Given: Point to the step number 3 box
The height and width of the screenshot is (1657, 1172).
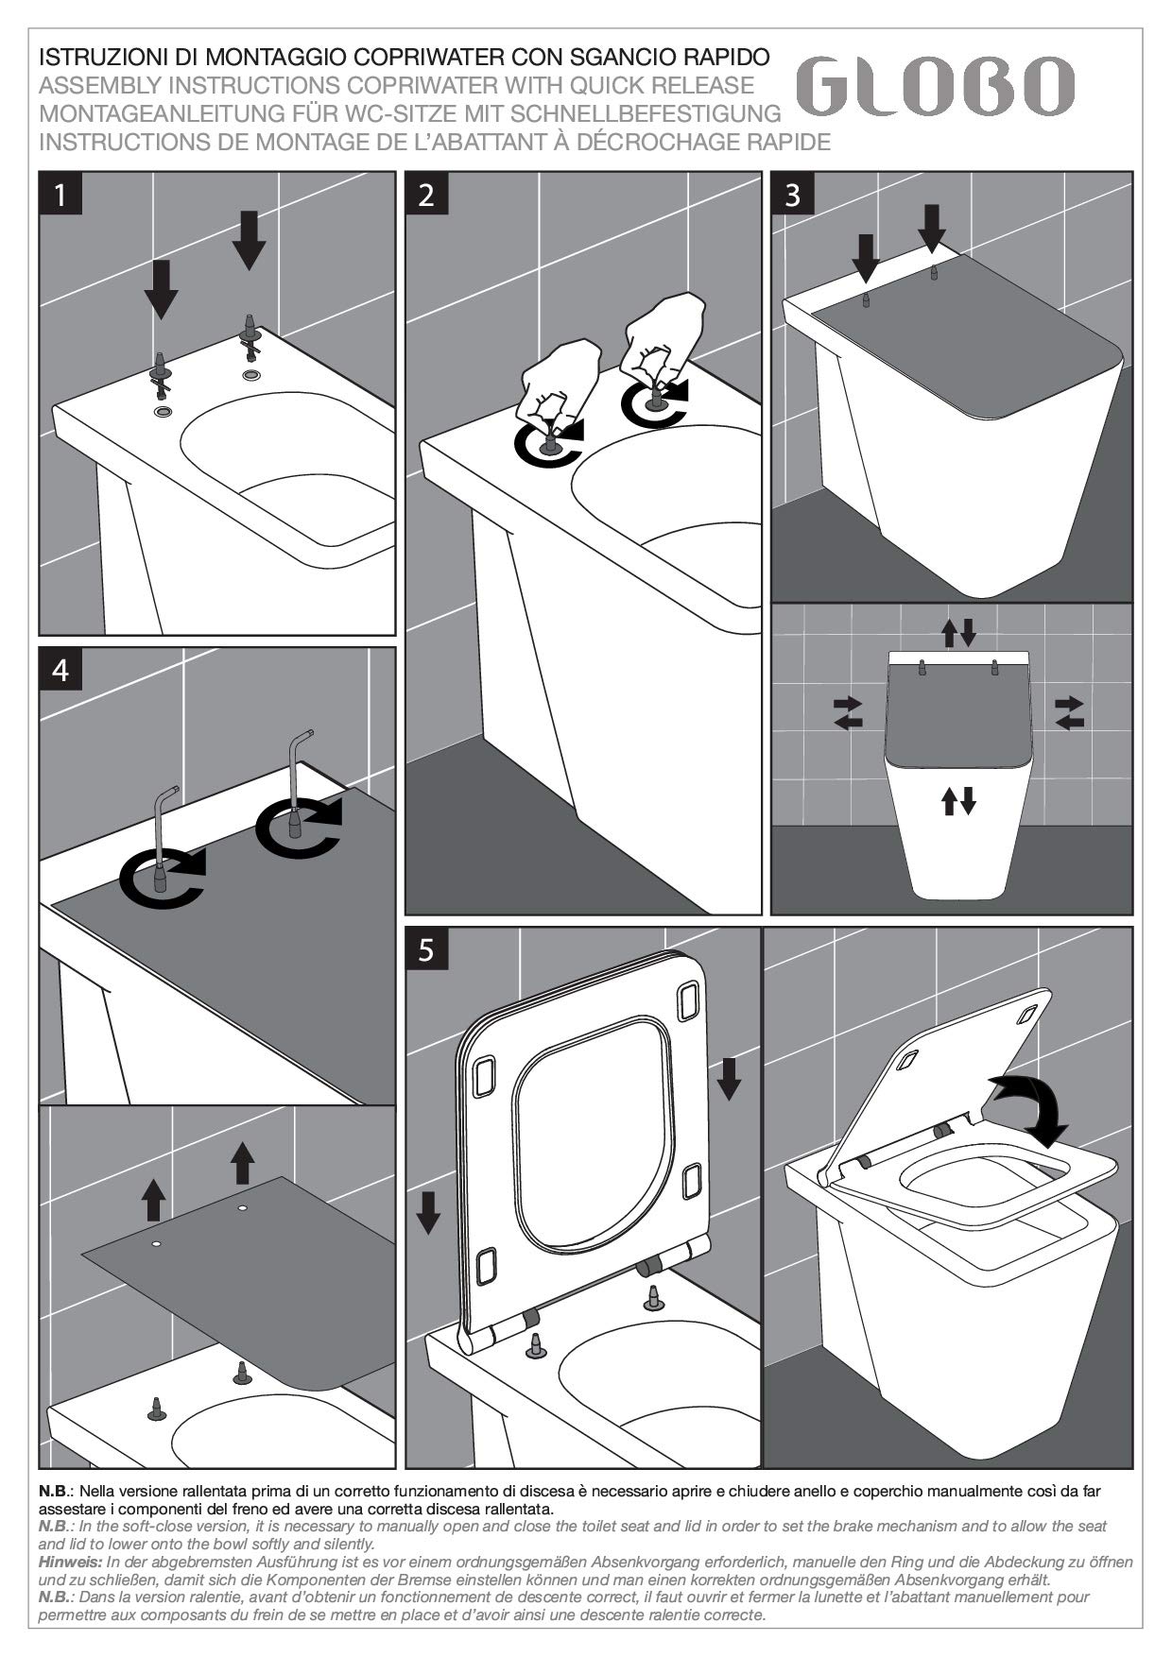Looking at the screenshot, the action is [793, 195].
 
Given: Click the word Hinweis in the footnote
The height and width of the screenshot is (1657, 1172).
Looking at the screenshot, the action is [71, 1563].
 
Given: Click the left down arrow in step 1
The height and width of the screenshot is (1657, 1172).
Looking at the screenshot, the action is [161, 289].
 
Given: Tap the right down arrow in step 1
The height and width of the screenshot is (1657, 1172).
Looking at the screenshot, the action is [249, 240].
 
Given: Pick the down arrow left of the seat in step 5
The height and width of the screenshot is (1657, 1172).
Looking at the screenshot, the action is [428, 1212].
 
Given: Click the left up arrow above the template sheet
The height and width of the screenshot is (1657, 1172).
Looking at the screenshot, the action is [153, 1199].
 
